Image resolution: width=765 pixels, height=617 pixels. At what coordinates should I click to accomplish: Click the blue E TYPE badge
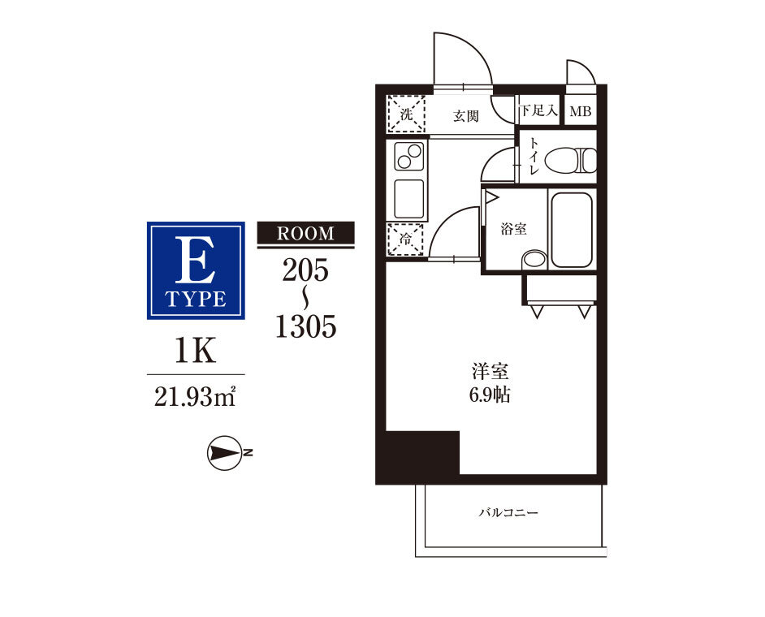click(196, 270)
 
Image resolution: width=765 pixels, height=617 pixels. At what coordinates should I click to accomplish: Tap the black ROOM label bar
click(306, 233)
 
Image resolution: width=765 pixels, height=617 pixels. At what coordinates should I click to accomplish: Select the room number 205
click(305, 270)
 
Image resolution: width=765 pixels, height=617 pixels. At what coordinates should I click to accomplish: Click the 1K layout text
click(196, 351)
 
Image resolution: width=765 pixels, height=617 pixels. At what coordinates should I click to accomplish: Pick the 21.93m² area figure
click(196, 396)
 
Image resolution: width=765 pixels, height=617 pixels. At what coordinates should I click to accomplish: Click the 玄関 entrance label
click(466, 116)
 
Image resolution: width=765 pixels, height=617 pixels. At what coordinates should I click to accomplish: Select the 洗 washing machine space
click(406, 114)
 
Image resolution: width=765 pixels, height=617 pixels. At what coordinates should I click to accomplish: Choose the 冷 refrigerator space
click(405, 239)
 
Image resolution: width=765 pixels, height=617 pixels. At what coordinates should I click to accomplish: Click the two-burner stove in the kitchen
click(408, 156)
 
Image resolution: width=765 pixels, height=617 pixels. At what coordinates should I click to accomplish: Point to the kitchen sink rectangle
click(408, 199)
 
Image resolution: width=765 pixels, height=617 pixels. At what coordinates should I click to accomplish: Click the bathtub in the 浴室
click(572, 230)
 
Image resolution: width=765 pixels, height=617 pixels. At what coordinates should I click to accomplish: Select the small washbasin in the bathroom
click(534, 259)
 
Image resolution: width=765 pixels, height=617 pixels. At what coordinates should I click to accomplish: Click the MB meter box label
click(581, 112)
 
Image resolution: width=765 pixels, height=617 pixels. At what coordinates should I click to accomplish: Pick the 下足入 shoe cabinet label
click(538, 110)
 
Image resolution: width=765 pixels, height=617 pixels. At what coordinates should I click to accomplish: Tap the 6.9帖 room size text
click(490, 395)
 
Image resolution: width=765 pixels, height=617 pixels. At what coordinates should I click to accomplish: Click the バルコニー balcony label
click(508, 512)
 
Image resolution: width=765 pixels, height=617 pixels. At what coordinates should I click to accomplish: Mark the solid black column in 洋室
click(422, 452)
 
